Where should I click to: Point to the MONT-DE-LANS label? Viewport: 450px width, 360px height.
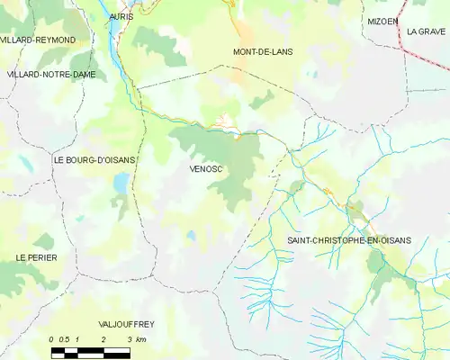tap(263, 51)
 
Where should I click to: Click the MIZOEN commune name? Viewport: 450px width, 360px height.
tap(382, 20)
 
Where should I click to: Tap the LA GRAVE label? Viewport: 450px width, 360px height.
tap(427, 31)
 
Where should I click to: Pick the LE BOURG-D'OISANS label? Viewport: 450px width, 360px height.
tap(94, 160)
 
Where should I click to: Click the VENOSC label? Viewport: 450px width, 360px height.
tap(206, 168)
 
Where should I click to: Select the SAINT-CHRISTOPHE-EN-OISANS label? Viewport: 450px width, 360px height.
tap(348, 240)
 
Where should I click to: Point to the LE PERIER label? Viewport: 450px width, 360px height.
tap(36, 257)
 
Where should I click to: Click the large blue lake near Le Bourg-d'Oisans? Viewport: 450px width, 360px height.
tap(120, 184)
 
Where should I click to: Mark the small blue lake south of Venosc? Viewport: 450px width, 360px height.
tap(191, 236)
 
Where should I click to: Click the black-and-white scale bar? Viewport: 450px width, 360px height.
tap(90, 351)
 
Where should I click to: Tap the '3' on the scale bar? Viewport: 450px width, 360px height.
tap(130, 339)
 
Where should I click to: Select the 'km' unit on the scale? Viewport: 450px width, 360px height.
tap(140, 339)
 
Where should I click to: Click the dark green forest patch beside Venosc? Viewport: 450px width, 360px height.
tap(229, 166)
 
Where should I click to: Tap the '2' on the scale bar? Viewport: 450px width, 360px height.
tap(104, 339)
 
